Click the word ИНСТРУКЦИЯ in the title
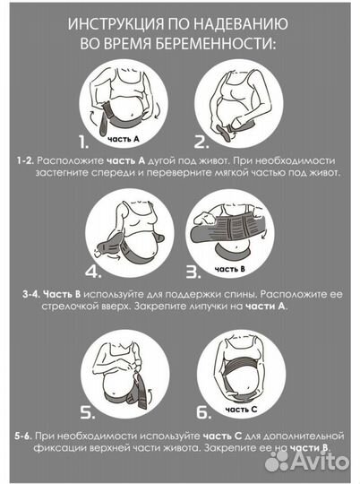click(116, 24)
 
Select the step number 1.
click(83, 142)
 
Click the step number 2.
click(201, 142)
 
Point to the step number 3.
click(193, 272)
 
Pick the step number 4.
click(93, 272)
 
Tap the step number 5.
click(87, 412)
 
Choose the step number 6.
click(204, 412)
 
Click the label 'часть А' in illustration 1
click(124, 139)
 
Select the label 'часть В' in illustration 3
click(230, 269)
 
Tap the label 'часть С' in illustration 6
click(241, 410)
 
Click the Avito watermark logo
click(306, 462)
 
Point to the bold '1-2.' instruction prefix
click(27, 160)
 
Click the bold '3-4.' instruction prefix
click(31, 294)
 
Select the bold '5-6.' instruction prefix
click(24, 436)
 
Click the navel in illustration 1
click(133, 117)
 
